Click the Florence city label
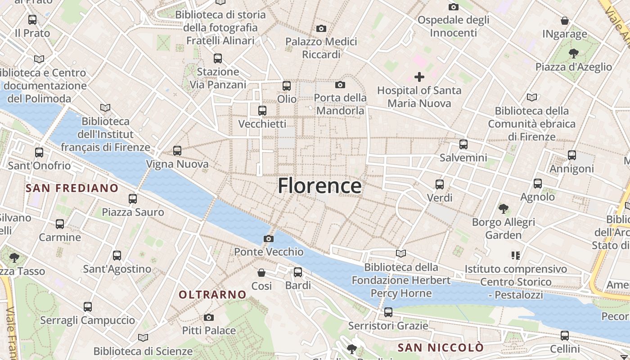click(x=319, y=185)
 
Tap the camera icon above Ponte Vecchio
click(x=269, y=238)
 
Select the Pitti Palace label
click(x=209, y=331)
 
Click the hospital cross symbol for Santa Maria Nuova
click(x=419, y=77)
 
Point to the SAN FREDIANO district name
click(x=72, y=188)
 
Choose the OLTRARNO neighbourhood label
click(x=213, y=295)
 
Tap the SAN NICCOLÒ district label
click(x=441, y=347)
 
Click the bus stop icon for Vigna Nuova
click(x=177, y=151)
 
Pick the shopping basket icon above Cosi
click(x=261, y=273)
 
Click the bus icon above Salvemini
click(x=463, y=144)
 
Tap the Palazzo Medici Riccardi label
click(x=321, y=48)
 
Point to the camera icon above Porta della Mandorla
click(x=340, y=85)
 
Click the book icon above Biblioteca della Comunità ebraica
click(x=532, y=97)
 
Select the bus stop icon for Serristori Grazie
click(x=388, y=312)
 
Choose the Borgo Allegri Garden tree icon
click(x=504, y=208)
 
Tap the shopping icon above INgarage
click(x=565, y=21)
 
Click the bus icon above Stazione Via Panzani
click(x=218, y=58)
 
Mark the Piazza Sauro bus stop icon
click(x=133, y=198)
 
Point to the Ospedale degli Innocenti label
click(x=453, y=27)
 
